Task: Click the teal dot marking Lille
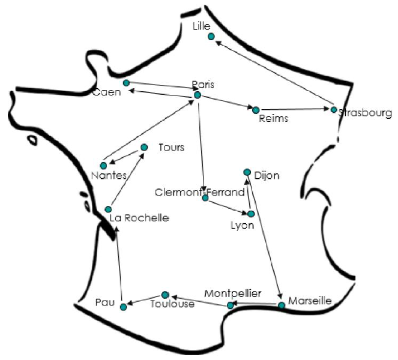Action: pos(211,37)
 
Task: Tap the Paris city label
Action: pos(203,84)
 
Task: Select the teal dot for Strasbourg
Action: pos(334,110)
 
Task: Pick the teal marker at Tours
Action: pos(144,147)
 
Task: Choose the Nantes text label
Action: pos(109,176)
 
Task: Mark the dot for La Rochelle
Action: pos(108,209)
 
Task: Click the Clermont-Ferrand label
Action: pos(199,193)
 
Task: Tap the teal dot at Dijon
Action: pos(247,172)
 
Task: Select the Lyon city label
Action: pos(243,226)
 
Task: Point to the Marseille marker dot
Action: pos(282,305)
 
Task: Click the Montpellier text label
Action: pos(233,293)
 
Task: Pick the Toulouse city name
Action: pos(172,304)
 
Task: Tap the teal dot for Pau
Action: pos(123,307)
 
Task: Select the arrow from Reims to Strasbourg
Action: pos(294,110)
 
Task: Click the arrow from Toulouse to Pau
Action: pos(144,301)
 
